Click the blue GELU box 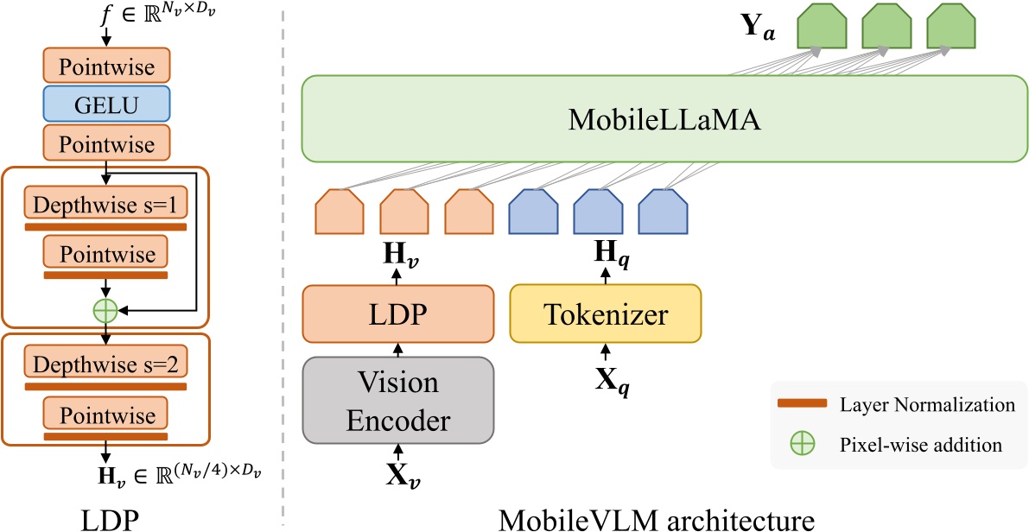pyautogui.click(x=106, y=104)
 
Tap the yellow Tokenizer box pyautogui.click(x=606, y=313)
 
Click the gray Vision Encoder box pyautogui.click(x=398, y=399)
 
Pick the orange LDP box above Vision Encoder pyautogui.click(x=398, y=313)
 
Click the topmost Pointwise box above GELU pyautogui.click(x=106, y=65)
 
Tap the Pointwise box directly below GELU pyautogui.click(x=106, y=143)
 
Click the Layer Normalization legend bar pyautogui.click(x=802, y=404)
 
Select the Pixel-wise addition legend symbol pyautogui.click(x=803, y=445)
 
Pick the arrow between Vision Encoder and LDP pyautogui.click(x=398, y=349)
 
